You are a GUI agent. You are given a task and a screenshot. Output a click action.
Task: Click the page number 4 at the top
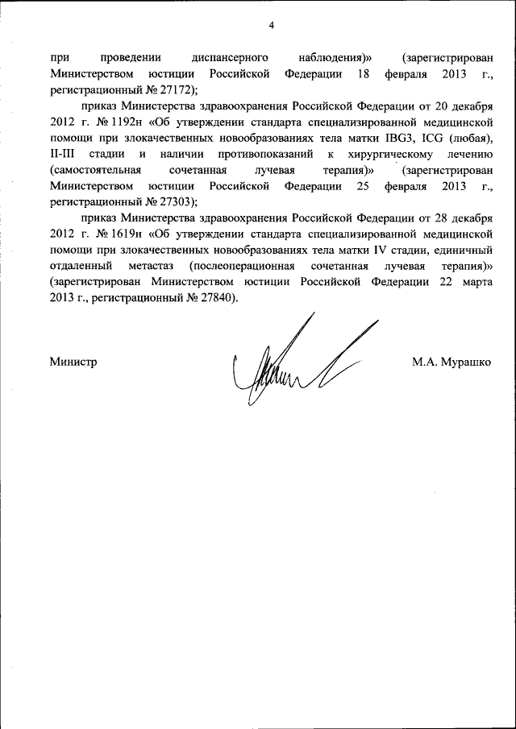[272, 26]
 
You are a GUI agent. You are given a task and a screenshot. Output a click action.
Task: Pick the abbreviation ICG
[427, 139]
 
